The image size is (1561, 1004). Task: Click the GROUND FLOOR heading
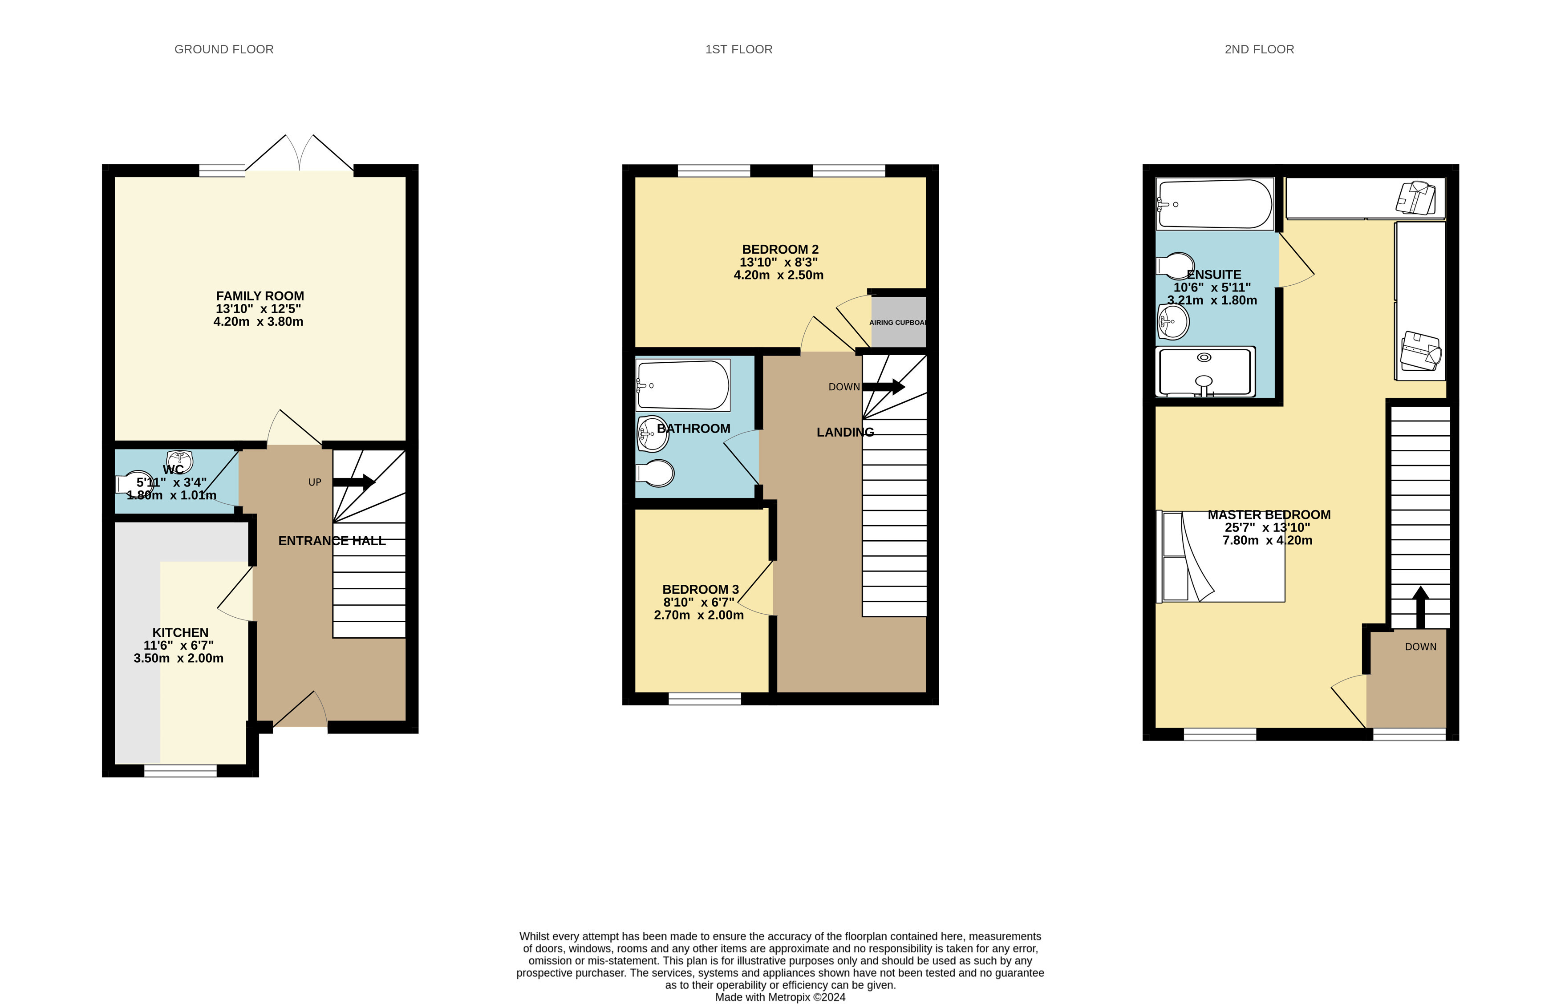pyautogui.click(x=223, y=49)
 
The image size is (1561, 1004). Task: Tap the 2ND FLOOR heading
pyautogui.click(x=1259, y=49)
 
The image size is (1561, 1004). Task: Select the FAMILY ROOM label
pyautogui.click(x=259, y=296)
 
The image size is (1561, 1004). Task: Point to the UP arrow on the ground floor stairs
pyautogui.click(x=354, y=482)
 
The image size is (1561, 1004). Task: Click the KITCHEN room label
pyautogui.click(x=181, y=632)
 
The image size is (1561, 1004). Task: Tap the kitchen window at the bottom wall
pyautogui.click(x=181, y=771)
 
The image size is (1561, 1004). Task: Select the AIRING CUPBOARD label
pyautogui.click(x=898, y=323)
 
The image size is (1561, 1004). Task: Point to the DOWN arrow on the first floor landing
pyautogui.click(x=884, y=387)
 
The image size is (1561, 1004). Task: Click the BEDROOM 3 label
pyautogui.click(x=700, y=589)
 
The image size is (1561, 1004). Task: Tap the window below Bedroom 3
pyautogui.click(x=705, y=699)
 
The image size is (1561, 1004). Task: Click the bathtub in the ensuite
pyautogui.click(x=1215, y=204)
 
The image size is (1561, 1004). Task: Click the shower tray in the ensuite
pyautogui.click(x=1205, y=372)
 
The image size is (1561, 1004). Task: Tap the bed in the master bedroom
pyautogui.click(x=1220, y=557)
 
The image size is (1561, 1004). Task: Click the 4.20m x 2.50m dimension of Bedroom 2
pyautogui.click(x=778, y=275)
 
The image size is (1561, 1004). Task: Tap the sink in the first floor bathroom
pyautogui.click(x=653, y=433)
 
